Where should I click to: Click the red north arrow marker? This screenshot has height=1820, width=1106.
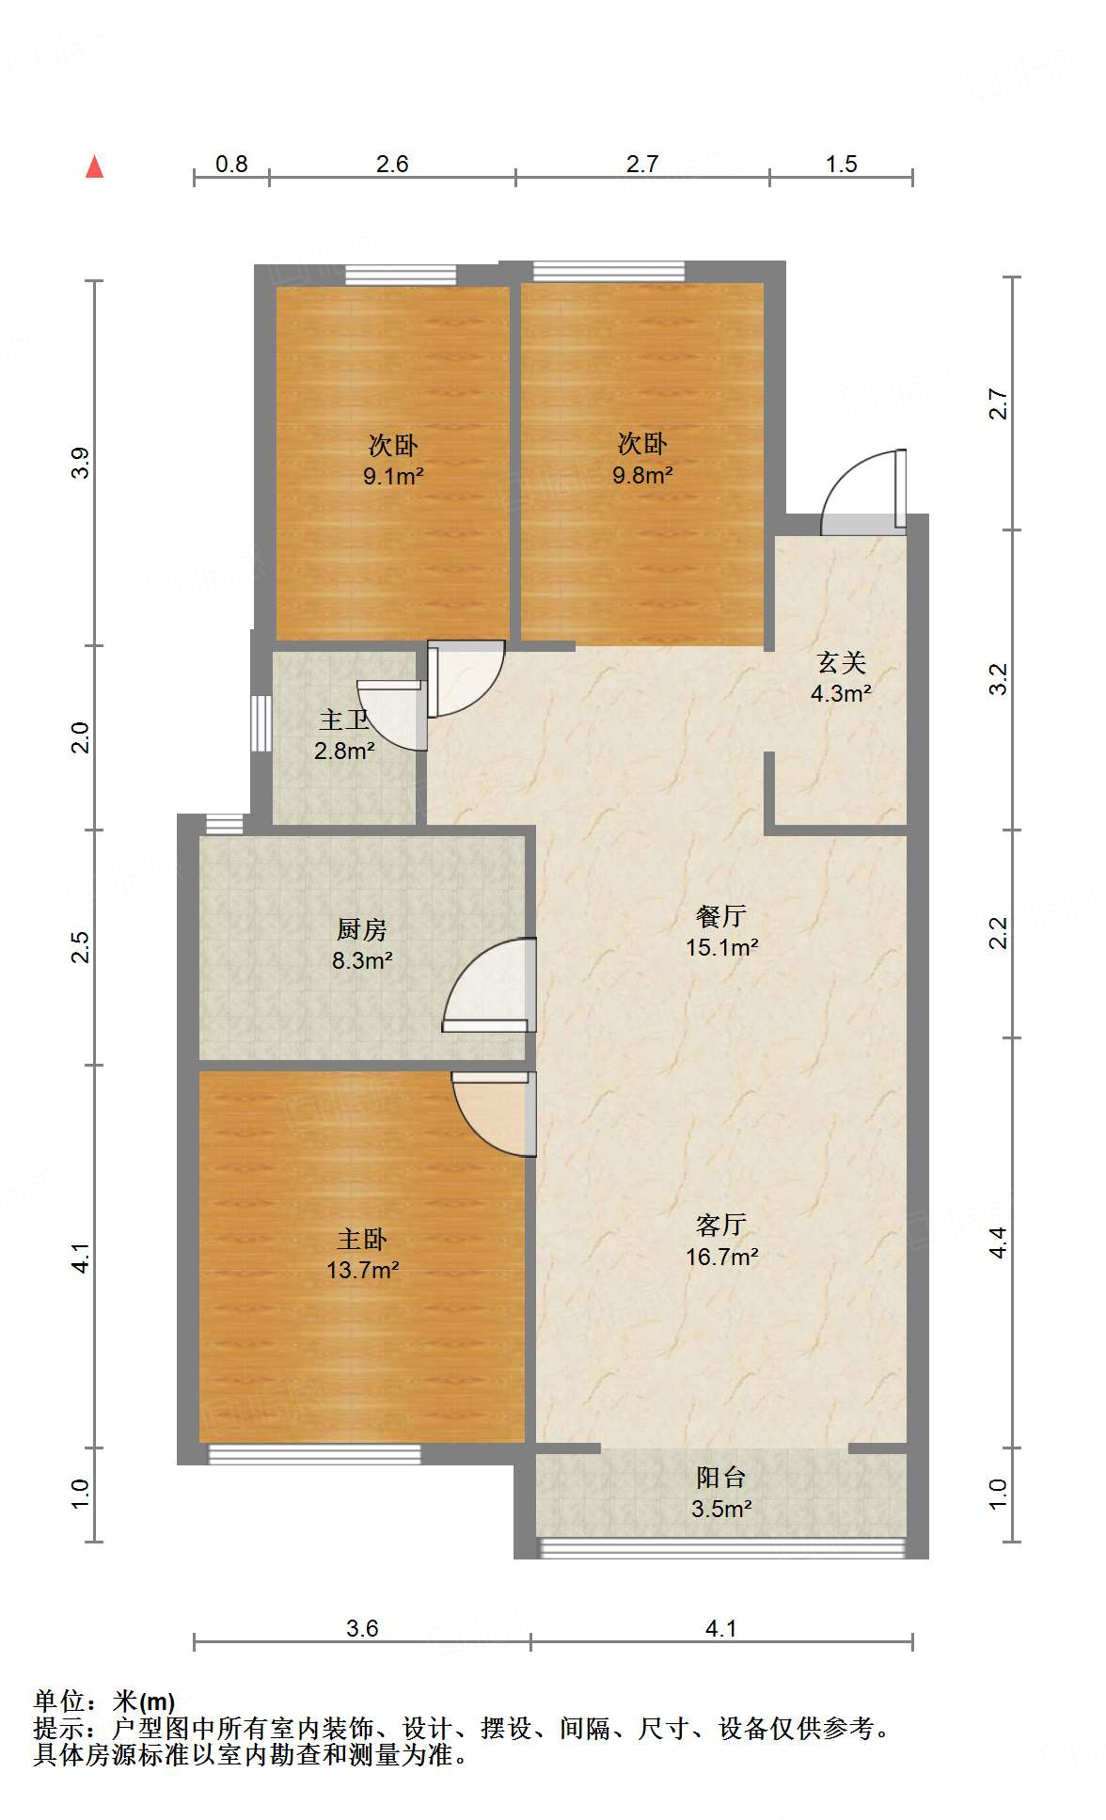[x=94, y=166]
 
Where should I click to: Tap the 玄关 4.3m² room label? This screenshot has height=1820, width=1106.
[x=841, y=678]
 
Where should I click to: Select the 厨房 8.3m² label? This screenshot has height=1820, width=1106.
[x=362, y=944]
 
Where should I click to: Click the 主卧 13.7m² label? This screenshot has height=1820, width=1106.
[x=362, y=1255]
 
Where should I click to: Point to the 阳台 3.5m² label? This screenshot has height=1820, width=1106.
[x=720, y=1493]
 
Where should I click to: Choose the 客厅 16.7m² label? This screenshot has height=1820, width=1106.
[x=721, y=1240]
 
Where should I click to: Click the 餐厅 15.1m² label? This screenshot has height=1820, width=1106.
[x=721, y=931]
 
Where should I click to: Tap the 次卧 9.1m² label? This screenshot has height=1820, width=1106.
[x=393, y=460]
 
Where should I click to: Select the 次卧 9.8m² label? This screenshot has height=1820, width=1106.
[x=642, y=459]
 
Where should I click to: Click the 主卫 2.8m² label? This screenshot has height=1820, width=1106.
[x=343, y=735]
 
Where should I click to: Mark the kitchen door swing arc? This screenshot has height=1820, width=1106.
[x=484, y=983]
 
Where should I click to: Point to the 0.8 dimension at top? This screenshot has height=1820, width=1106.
[x=231, y=164]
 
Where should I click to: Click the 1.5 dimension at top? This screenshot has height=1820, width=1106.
[x=841, y=164]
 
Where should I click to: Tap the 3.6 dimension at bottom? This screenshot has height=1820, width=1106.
[x=362, y=1628]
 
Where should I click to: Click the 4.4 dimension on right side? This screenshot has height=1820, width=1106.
[x=999, y=1242]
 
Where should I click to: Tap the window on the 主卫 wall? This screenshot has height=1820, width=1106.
[x=261, y=722]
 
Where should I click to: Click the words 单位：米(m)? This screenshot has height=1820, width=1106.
[x=104, y=1701]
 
